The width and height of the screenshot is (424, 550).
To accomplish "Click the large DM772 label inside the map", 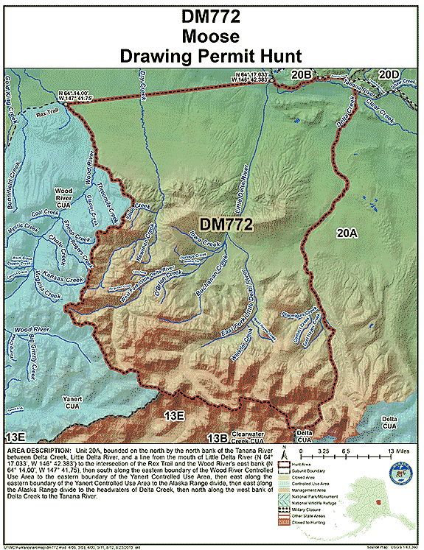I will [x=226, y=223].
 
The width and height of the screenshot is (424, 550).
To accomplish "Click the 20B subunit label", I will [x=302, y=74].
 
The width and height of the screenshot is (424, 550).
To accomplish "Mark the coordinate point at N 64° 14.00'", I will [x=66, y=104].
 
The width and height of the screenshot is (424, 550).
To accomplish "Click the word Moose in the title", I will [x=211, y=35].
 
